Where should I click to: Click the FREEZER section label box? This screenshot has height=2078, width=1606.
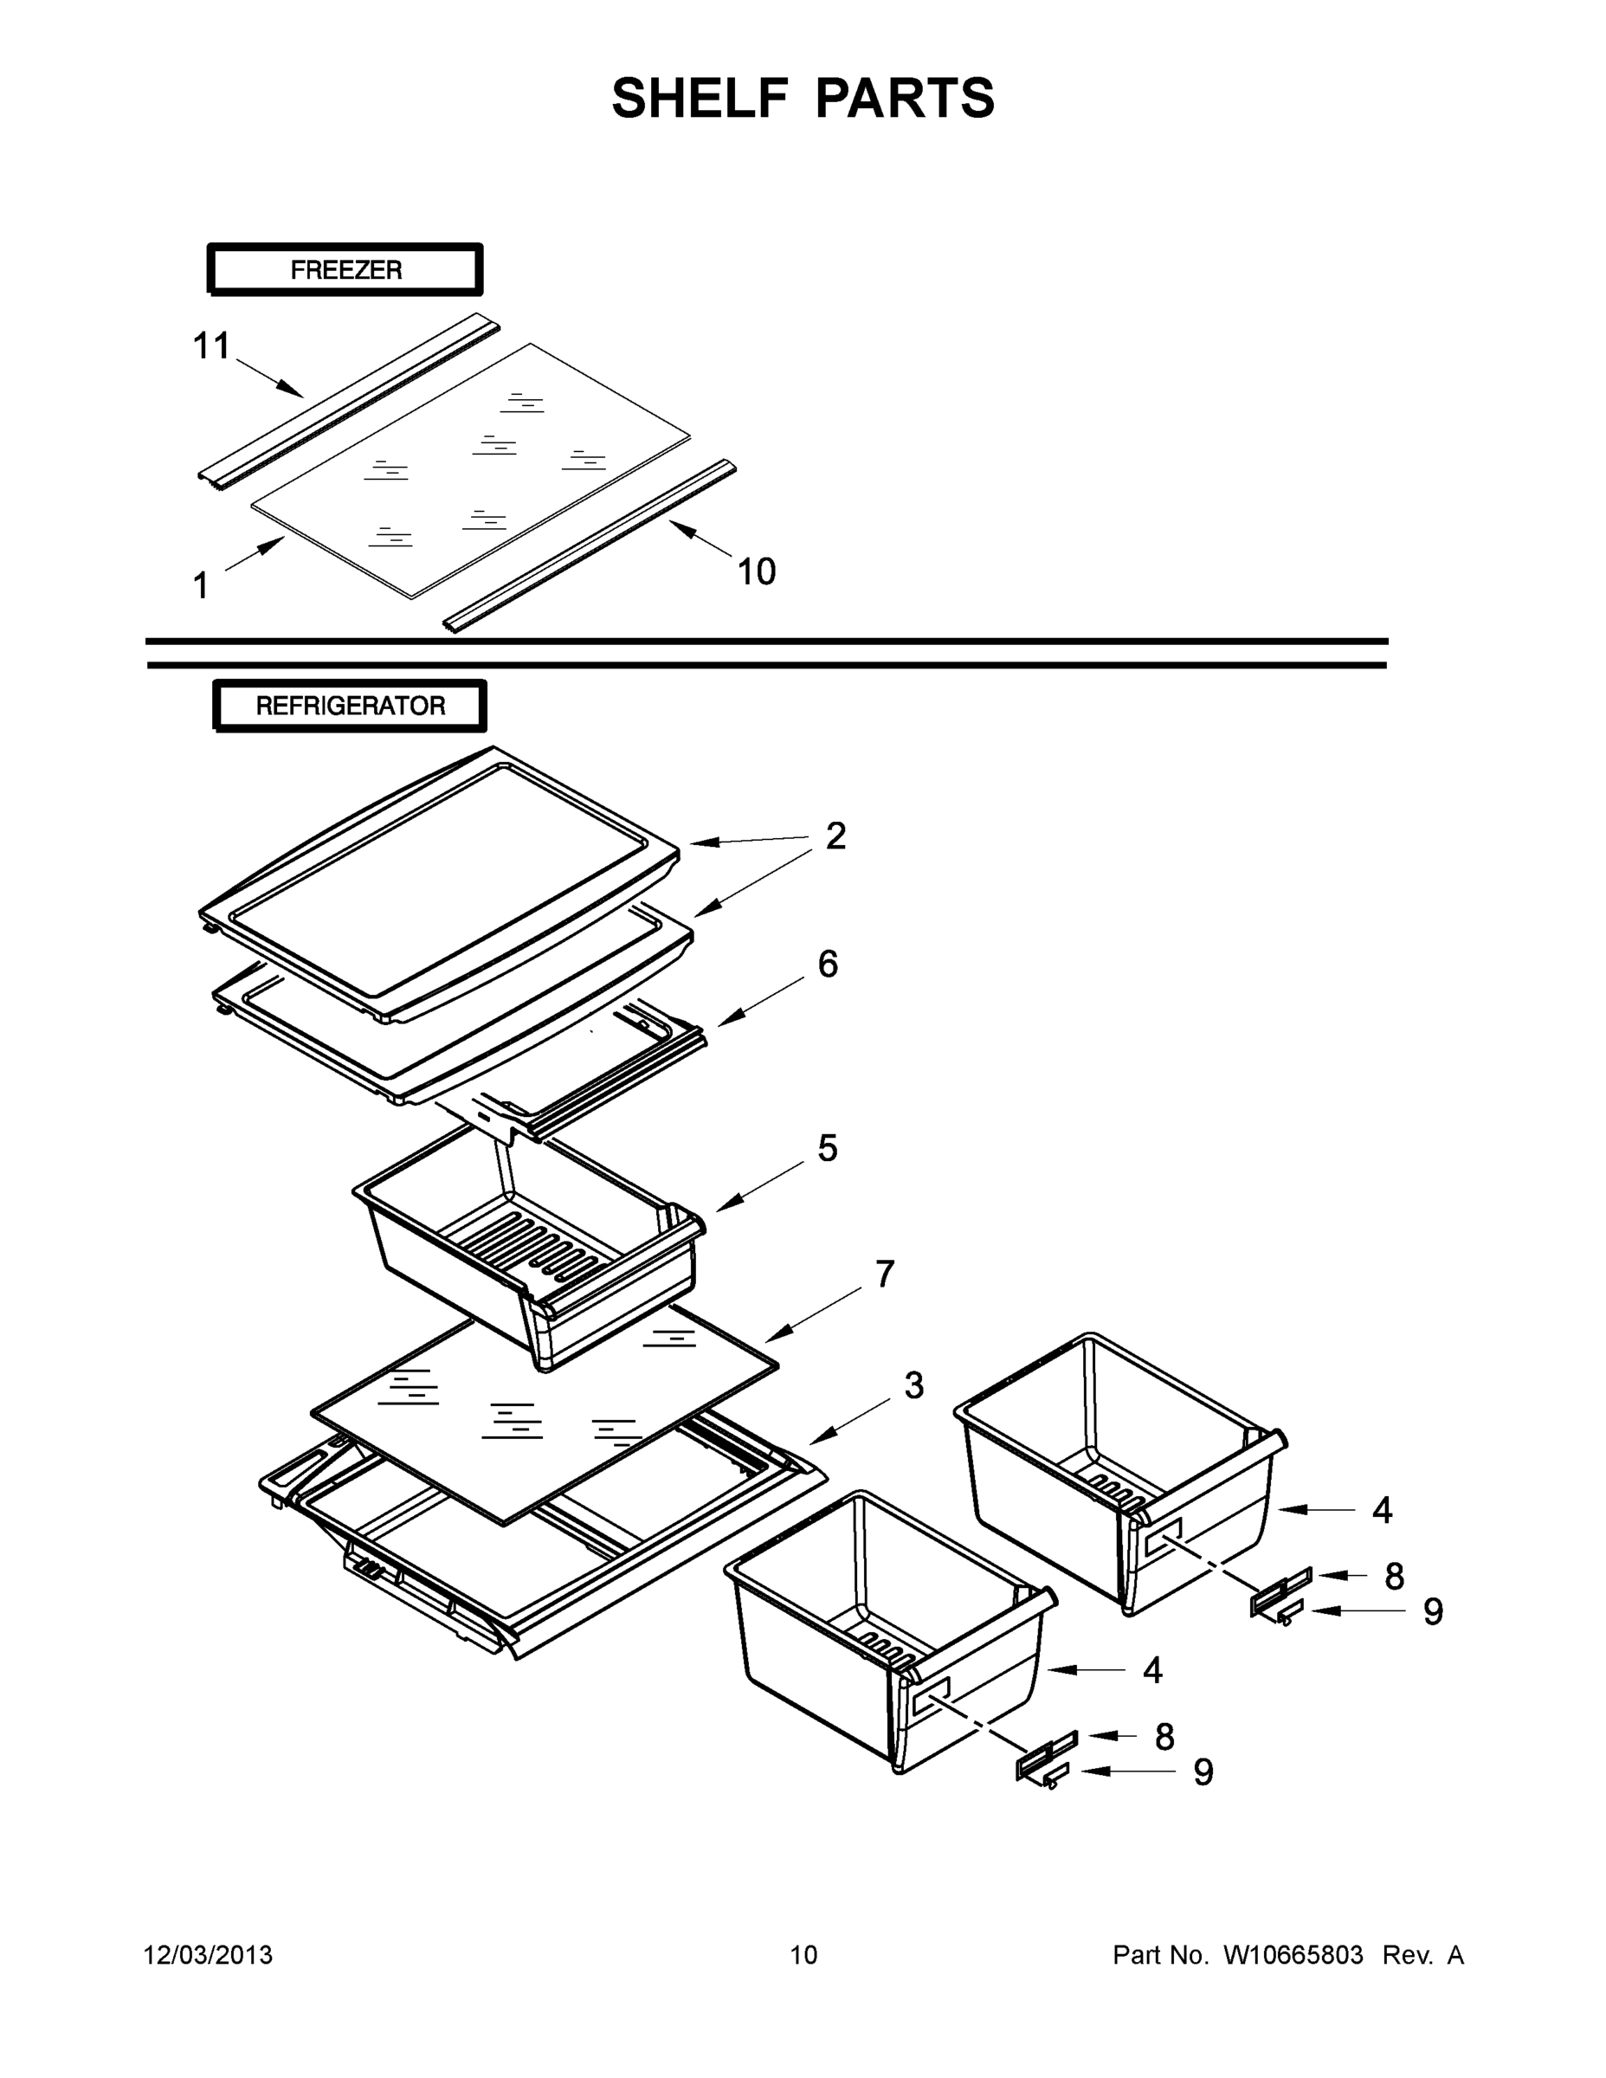pos(345,269)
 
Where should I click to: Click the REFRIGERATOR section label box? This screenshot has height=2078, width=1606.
pos(349,705)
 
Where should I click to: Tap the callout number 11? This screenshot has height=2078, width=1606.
pos(211,346)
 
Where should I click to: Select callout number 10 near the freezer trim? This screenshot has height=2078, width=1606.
pos(757,571)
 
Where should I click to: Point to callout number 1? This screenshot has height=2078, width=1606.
pos(201,586)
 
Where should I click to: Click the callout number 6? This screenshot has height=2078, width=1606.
pos(828,964)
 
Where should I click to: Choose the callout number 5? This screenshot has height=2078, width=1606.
pos(827,1148)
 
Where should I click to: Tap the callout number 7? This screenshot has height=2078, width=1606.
pos(885,1273)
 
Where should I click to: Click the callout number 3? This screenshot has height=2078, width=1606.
pos(913,1385)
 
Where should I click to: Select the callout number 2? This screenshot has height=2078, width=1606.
pos(835,836)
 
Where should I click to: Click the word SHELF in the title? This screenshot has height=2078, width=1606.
pos(700,98)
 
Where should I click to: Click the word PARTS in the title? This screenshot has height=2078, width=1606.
pos(905,98)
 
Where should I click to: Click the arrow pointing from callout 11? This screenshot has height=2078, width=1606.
pos(270,377)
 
